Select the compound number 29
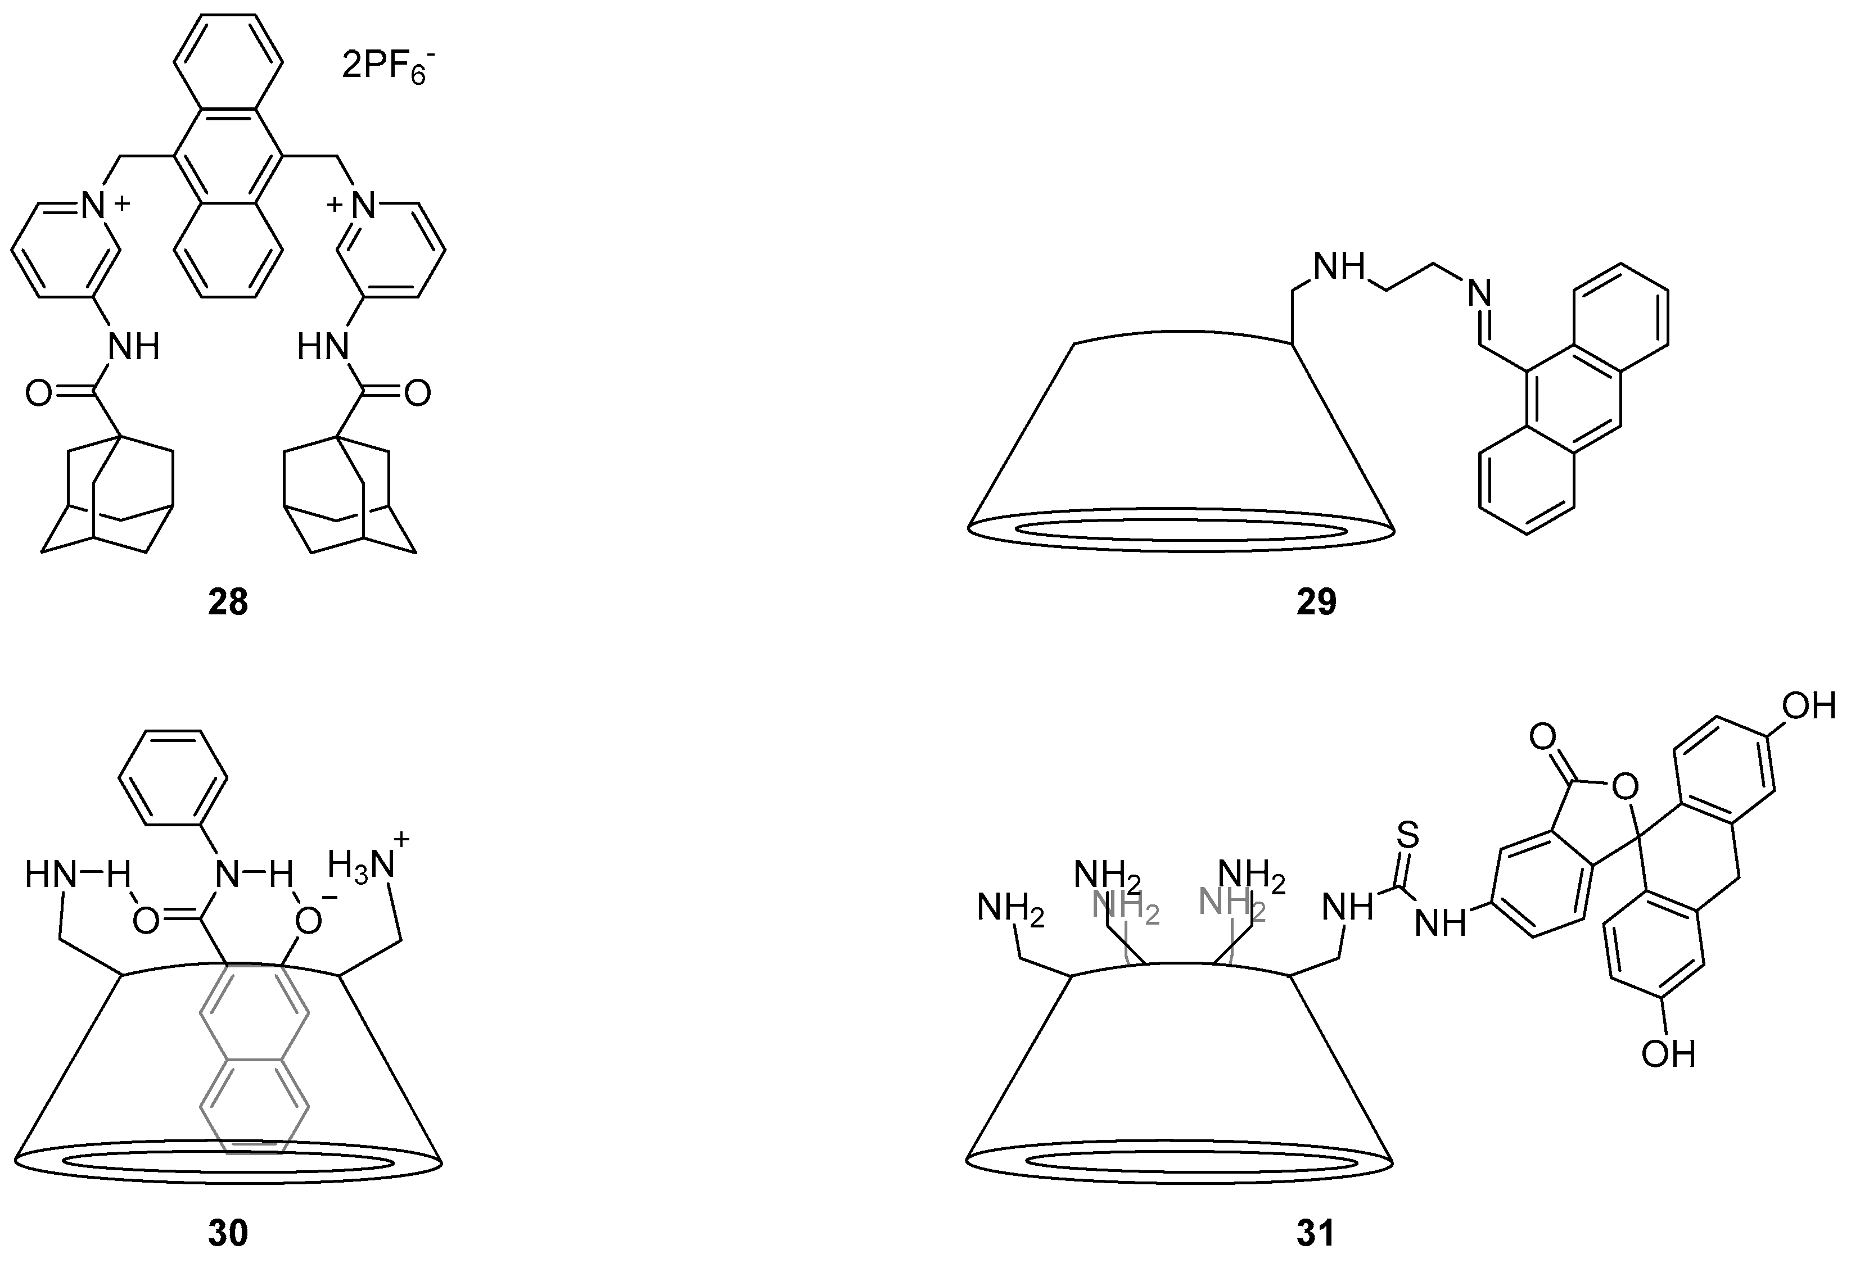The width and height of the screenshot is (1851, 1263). tap(1316, 603)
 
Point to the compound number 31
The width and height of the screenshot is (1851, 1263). tap(1316, 1234)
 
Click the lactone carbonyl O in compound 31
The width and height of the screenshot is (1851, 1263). tap(1543, 737)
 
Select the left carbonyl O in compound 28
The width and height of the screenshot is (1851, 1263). tap(39, 393)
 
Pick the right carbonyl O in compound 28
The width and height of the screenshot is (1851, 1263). tap(417, 393)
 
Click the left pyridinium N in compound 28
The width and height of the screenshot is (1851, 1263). tap(94, 206)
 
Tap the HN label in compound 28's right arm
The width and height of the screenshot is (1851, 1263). tap(323, 347)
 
